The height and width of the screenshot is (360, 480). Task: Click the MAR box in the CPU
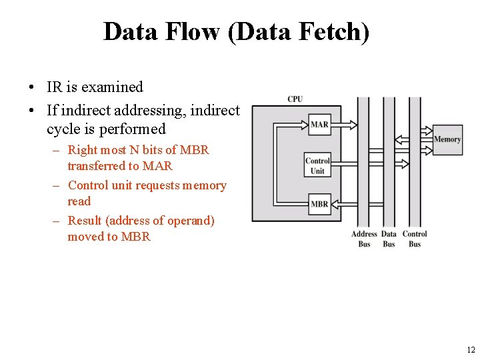click(x=319, y=124)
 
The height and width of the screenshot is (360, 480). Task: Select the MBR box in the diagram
click(x=319, y=204)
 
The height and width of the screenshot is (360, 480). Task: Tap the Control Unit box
click(x=317, y=165)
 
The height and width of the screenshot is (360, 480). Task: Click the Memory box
click(x=447, y=139)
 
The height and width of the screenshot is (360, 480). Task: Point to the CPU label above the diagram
click(x=295, y=99)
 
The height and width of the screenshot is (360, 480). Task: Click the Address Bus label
click(x=364, y=239)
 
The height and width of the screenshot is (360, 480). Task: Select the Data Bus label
click(x=389, y=239)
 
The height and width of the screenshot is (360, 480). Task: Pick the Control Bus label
click(x=415, y=239)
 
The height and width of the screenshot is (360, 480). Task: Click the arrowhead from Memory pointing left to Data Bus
click(x=398, y=141)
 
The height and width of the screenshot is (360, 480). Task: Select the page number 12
click(x=471, y=349)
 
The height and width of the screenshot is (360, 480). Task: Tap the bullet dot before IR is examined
click(x=31, y=88)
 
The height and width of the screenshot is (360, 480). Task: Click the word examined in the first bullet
click(x=112, y=87)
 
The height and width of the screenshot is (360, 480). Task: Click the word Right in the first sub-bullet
click(x=83, y=150)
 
